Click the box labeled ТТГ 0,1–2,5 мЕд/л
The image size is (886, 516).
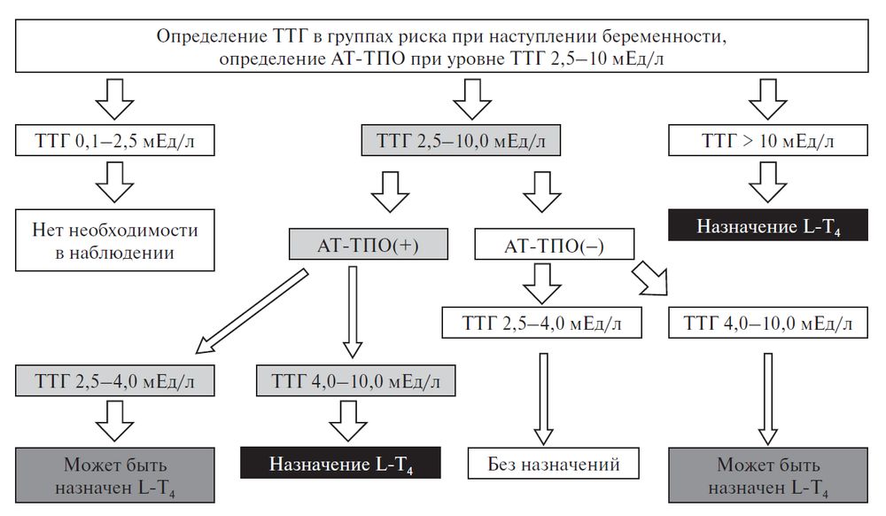pyautogui.click(x=113, y=140)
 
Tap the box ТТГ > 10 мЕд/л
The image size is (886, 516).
pyautogui.click(x=766, y=140)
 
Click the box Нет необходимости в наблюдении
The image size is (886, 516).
pyautogui.click(x=113, y=241)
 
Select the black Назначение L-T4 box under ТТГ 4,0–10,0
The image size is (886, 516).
pyautogui.click(x=341, y=463)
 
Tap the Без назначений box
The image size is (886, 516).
pyautogui.click(x=554, y=463)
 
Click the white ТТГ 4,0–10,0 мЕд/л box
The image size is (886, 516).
pyautogui.click(x=767, y=324)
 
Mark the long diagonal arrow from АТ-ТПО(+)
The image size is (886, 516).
pyautogui.click(x=250, y=310)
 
